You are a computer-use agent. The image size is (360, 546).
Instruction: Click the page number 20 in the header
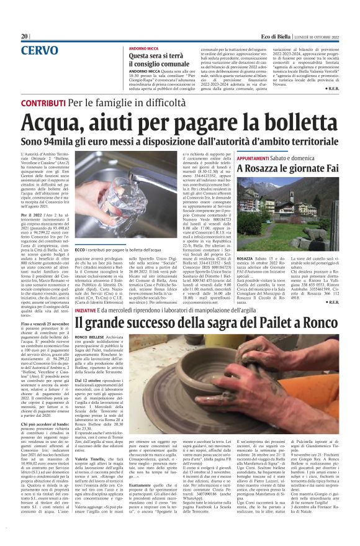[24, 37]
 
